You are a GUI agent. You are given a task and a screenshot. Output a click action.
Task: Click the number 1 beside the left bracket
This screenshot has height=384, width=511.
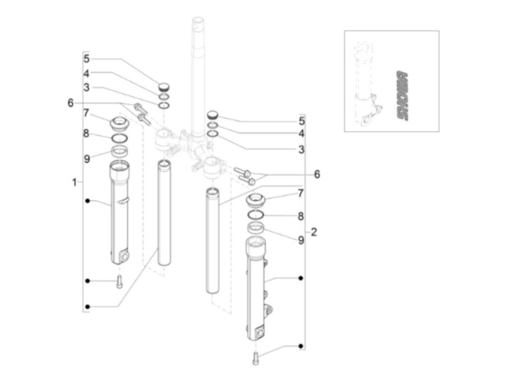(74, 182)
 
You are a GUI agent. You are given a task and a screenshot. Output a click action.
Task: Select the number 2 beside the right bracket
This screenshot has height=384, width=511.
(314, 232)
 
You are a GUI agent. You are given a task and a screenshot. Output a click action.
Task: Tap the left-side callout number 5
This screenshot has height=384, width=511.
(87, 59)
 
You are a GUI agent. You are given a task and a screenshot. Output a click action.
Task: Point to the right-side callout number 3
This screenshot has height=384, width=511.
(301, 150)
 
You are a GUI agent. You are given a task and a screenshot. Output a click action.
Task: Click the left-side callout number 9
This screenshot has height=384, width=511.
(87, 159)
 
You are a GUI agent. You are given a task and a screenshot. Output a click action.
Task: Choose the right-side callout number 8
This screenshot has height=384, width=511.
(301, 216)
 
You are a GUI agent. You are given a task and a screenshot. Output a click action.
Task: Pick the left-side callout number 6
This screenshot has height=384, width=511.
(70, 103)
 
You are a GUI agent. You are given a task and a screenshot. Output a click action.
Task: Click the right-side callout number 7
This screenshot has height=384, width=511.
(300, 193)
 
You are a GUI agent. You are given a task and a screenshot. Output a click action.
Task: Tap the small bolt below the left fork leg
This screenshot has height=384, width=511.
(119, 281)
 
